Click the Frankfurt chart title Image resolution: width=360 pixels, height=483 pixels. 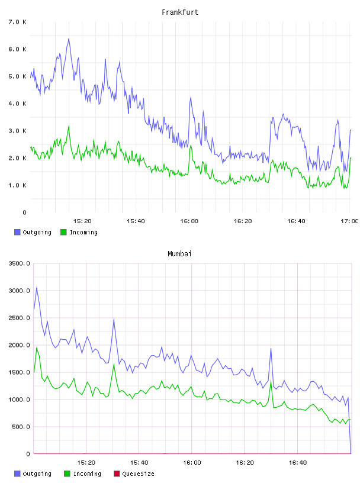point(180,12)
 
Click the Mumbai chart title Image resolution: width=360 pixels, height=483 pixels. point(179,254)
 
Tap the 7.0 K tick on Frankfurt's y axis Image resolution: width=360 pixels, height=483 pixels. point(18,22)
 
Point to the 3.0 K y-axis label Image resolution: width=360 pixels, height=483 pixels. point(18,131)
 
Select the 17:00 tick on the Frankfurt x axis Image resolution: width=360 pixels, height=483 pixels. point(349,221)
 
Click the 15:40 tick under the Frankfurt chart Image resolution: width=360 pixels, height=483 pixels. point(136,221)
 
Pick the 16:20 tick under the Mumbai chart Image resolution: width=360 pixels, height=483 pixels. point(245,463)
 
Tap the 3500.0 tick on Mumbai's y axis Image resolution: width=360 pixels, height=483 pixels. point(19,263)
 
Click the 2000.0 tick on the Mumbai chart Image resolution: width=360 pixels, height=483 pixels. point(19,345)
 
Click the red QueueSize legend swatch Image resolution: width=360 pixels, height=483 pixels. point(117,474)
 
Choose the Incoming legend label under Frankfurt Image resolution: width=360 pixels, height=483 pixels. point(83,233)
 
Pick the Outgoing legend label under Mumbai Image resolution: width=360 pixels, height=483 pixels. point(37,474)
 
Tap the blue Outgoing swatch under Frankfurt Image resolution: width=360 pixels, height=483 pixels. point(17,232)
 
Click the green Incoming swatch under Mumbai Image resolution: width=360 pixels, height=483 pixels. point(67,474)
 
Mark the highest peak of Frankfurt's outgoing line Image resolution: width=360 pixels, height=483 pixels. point(69,39)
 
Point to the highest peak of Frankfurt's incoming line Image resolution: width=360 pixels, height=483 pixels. point(69,126)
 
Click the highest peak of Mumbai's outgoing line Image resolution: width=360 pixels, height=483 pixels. point(37,288)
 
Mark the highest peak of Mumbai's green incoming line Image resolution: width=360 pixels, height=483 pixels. point(37,348)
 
